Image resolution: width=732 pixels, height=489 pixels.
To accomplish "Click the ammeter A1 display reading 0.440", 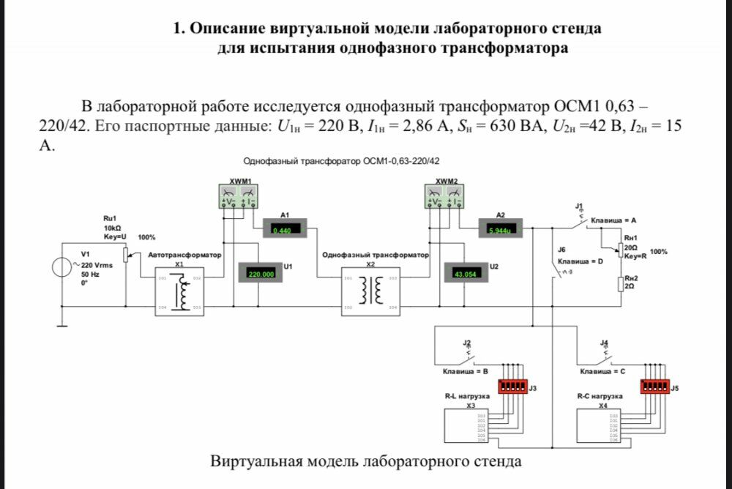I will tap(281, 230).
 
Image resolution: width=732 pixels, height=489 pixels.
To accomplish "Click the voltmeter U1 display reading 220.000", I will tap(261, 274).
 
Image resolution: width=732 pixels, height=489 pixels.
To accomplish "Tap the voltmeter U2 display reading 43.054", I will tap(466, 274).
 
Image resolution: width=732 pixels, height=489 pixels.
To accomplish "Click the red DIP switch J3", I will tap(512, 386).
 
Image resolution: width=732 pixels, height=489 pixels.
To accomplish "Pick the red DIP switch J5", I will tap(654, 386).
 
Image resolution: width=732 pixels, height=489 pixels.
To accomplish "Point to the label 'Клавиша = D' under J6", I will tap(580, 261).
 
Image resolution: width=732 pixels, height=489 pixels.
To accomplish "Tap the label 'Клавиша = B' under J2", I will tap(460, 372).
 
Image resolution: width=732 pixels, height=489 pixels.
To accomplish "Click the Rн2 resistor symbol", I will tap(621, 284).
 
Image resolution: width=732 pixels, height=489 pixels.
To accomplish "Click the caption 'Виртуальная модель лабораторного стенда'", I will tap(366, 462).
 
